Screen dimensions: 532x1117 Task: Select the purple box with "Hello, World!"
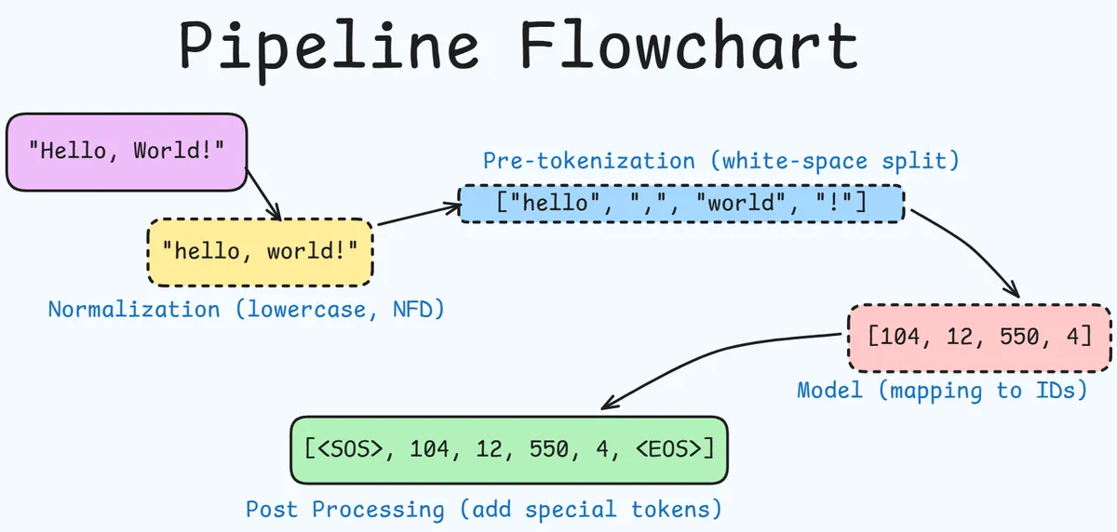(x=127, y=151)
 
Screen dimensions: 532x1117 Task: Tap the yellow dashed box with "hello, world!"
(x=260, y=251)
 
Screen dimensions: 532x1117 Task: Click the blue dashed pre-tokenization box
(x=680, y=203)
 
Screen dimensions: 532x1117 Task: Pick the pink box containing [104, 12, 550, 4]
(x=978, y=335)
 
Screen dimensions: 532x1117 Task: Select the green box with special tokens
(x=508, y=449)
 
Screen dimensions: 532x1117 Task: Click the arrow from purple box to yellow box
(x=262, y=193)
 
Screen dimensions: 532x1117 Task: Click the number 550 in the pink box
(x=1018, y=335)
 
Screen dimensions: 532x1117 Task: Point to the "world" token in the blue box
(x=741, y=203)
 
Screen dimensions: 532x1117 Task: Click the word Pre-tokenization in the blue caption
(x=588, y=161)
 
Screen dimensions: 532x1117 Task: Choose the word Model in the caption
(x=829, y=390)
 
